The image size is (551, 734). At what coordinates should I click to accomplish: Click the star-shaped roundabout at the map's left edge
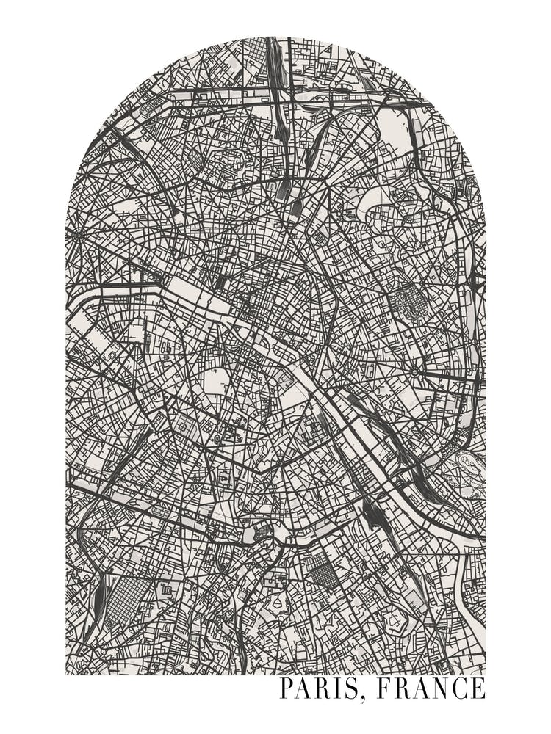coord(79,235)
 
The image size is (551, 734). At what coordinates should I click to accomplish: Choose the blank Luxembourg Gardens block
coord(217,382)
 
